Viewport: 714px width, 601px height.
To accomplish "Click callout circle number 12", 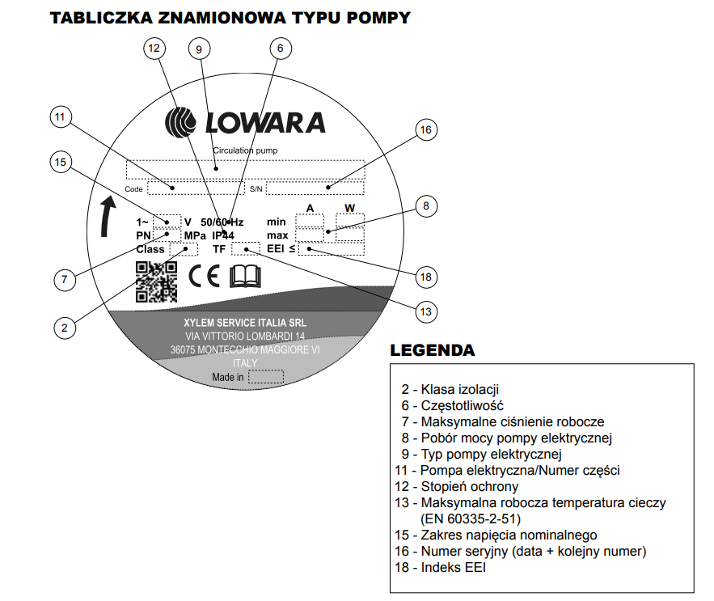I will click(154, 49).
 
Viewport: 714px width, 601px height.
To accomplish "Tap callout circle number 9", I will click(199, 49).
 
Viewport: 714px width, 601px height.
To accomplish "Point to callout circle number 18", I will click(426, 277).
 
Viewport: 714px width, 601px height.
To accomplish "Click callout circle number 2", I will click(65, 328).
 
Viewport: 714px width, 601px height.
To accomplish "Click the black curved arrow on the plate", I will click(109, 215).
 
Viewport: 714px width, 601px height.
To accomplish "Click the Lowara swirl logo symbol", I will click(180, 122).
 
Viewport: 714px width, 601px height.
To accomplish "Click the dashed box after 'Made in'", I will click(266, 377).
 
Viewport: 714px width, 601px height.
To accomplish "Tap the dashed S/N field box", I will click(315, 188).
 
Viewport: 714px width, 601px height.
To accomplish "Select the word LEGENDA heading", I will click(433, 351).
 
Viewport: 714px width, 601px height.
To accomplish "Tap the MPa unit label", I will click(195, 235).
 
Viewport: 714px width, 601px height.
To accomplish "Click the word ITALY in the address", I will click(245, 363).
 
